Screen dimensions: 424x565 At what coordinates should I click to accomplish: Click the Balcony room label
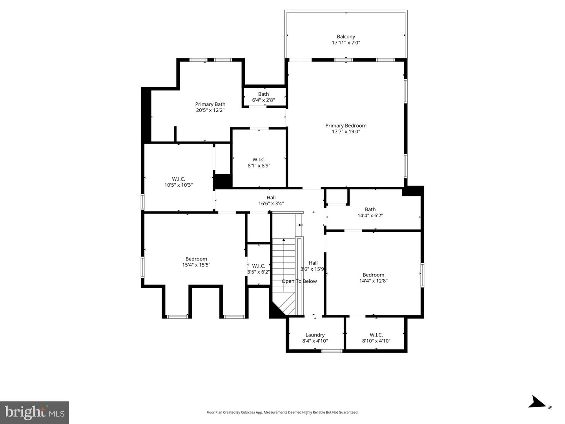346,39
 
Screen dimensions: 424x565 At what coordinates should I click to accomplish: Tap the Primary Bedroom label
346,129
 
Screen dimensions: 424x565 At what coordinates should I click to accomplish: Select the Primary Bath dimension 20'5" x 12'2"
210,110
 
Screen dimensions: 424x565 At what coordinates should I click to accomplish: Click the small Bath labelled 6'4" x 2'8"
263,97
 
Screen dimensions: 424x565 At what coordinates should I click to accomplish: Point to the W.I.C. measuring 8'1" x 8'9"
259,162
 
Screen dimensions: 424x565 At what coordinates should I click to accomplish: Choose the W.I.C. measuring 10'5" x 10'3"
179,182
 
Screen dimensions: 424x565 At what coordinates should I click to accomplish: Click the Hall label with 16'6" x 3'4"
271,200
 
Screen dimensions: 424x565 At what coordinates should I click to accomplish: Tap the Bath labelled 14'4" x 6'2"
370,212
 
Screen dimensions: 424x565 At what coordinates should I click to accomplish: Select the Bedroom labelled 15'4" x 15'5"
196,262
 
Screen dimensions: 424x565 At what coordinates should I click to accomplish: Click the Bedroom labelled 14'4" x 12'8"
373,278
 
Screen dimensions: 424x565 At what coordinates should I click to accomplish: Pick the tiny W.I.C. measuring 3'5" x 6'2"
259,269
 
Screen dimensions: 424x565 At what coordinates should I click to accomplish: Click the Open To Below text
299,281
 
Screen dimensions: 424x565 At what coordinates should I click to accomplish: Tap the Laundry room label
315,338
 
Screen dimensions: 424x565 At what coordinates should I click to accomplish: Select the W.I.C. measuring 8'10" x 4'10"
376,338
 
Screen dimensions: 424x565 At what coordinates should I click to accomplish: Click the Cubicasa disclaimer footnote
282,412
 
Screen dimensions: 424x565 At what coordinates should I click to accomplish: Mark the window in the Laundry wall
332,351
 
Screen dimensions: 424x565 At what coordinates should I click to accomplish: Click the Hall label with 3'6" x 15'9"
313,266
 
